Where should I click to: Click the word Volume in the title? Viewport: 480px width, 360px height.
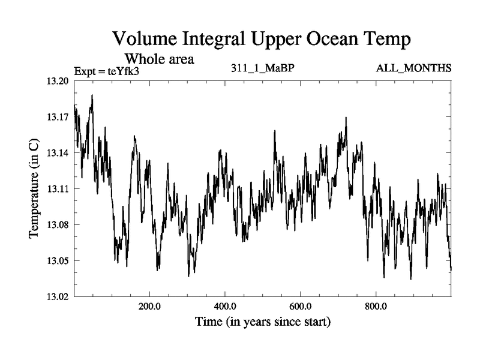click(x=148, y=40)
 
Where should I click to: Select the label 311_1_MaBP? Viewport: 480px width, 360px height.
click(x=263, y=68)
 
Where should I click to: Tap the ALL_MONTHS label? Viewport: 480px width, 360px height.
click(x=413, y=68)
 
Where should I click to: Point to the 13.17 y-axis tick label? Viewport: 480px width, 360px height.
click(x=57, y=118)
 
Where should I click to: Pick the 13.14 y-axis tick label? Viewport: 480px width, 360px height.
click(x=57, y=154)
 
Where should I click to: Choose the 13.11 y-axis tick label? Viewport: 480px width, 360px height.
click(x=57, y=189)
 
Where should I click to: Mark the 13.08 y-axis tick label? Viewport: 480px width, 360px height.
click(x=57, y=225)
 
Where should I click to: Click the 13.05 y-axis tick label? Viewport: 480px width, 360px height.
click(x=57, y=261)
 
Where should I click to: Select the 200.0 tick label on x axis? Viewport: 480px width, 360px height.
click(x=149, y=306)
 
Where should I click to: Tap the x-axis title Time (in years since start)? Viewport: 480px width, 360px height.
click(x=263, y=322)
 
